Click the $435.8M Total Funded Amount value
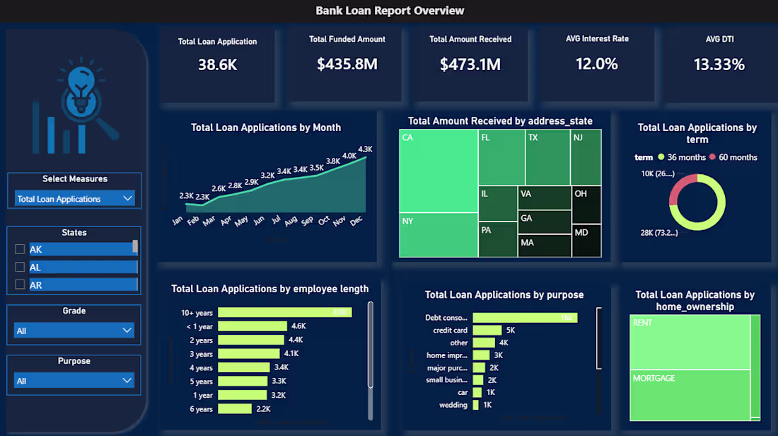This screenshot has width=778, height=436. pos(347,64)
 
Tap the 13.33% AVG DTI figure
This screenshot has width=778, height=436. pos(719,64)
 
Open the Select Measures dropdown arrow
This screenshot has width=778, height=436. pos(127,199)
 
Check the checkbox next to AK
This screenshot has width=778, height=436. pos(20,249)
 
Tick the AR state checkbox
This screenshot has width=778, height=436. pos(20,285)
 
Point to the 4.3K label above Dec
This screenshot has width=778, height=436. pos(365,149)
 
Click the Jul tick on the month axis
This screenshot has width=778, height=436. pos(277,220)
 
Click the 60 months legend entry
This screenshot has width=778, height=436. pos(733,157)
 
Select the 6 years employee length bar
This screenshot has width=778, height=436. pos(234,409)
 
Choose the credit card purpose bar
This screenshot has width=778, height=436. pos(487,331)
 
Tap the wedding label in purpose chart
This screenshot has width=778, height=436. pos(453,405)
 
